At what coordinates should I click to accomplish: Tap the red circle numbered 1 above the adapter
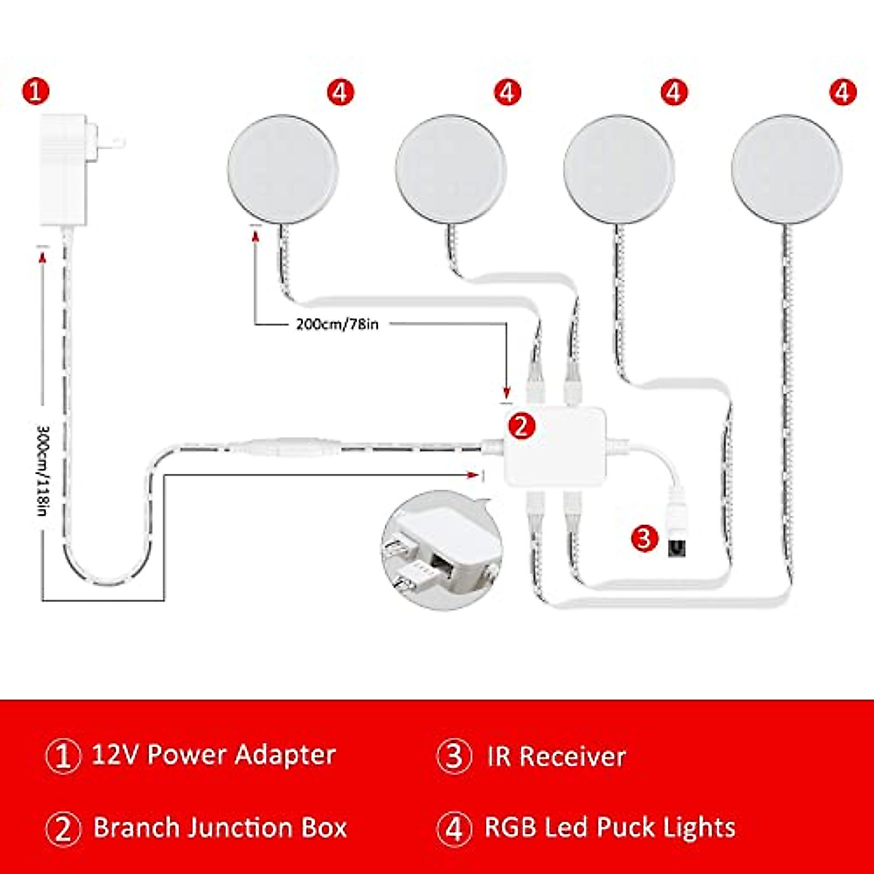36,92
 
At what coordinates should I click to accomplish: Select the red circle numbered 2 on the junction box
521,426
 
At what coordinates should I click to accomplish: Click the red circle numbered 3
644,538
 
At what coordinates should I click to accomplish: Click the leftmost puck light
283,169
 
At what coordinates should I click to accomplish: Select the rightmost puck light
787,169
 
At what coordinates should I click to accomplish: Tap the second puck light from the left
450,169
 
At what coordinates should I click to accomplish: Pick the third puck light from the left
619,169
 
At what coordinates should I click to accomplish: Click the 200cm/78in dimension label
337,324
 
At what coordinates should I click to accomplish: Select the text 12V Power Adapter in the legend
214,755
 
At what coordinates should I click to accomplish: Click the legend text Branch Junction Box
220,828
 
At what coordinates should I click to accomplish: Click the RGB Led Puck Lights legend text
610,828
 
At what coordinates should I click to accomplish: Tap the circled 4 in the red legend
454,829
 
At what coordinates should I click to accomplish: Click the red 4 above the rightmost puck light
843,92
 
